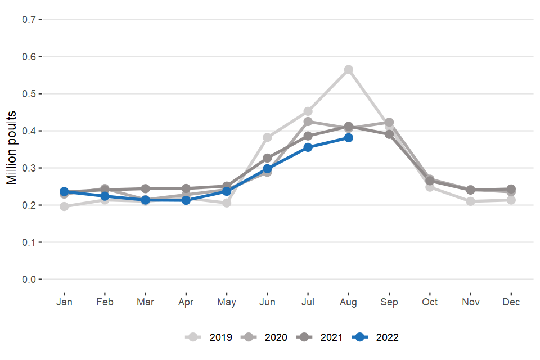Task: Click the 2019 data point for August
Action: [x=349, y=70]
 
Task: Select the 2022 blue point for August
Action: [x=349, y=138]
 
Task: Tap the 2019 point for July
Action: [x=308, y=111]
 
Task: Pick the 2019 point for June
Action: [x=267, y=137]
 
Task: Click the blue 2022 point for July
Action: [x=308, y=147]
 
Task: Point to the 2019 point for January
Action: [x=64, y=206]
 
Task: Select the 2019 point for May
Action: [x=227, y=202]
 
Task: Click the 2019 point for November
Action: [x=471, y=201]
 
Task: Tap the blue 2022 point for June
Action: [x=267, y=169]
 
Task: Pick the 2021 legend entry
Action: [x=320, y=337]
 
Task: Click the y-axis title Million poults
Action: [x=12, y=148]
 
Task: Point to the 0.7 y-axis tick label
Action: [x=29, y=20]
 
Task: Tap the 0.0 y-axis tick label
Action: [x=29, y=280]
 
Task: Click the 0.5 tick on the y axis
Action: [x=29, y=94]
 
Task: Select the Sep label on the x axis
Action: [x=389, y=302]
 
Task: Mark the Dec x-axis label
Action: [x=511, y=302]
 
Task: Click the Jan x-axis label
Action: [x=64, y=302]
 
